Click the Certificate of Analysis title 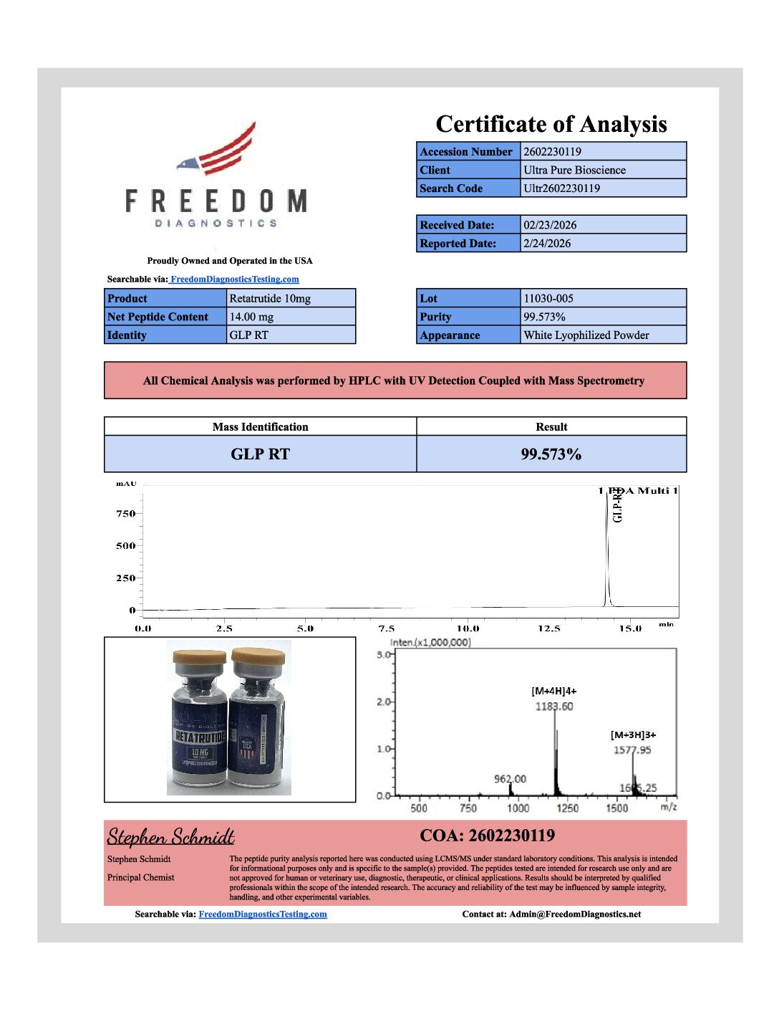point(551,124)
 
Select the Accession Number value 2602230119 point(552,151)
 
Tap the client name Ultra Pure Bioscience point(574,170)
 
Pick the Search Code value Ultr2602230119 point(561,188)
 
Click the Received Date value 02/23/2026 point(549,225)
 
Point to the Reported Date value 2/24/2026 point(547,244)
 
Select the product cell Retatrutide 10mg point(270,299)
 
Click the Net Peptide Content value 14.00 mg point(251,317)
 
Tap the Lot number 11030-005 point(548,299)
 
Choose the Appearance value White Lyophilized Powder point(586,335)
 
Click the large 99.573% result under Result point(551,454)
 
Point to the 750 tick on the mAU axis point(125,514)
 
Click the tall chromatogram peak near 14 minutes point(607,545)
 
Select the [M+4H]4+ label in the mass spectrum point(553,691)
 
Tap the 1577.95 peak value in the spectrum point(632,750)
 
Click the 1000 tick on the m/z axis point(518,808)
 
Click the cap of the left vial point(198,657)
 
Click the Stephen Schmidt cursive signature point(170,837)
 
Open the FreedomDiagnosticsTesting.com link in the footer point(262,914)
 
